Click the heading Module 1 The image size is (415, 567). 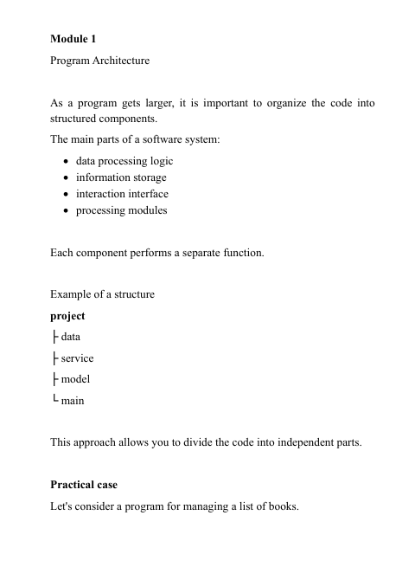[74, 40]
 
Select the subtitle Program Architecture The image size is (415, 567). [100, 61]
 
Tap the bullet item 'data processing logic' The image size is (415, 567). [124, 161]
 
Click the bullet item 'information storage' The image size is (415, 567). [121, 177]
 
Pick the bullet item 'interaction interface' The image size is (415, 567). [122, 194]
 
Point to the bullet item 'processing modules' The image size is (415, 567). [122, 210]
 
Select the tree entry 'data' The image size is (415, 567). [69, 337]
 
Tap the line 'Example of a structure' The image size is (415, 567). [103, 294]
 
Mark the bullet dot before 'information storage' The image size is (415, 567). [67, 178]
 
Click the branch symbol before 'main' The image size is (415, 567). [54, 400]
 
